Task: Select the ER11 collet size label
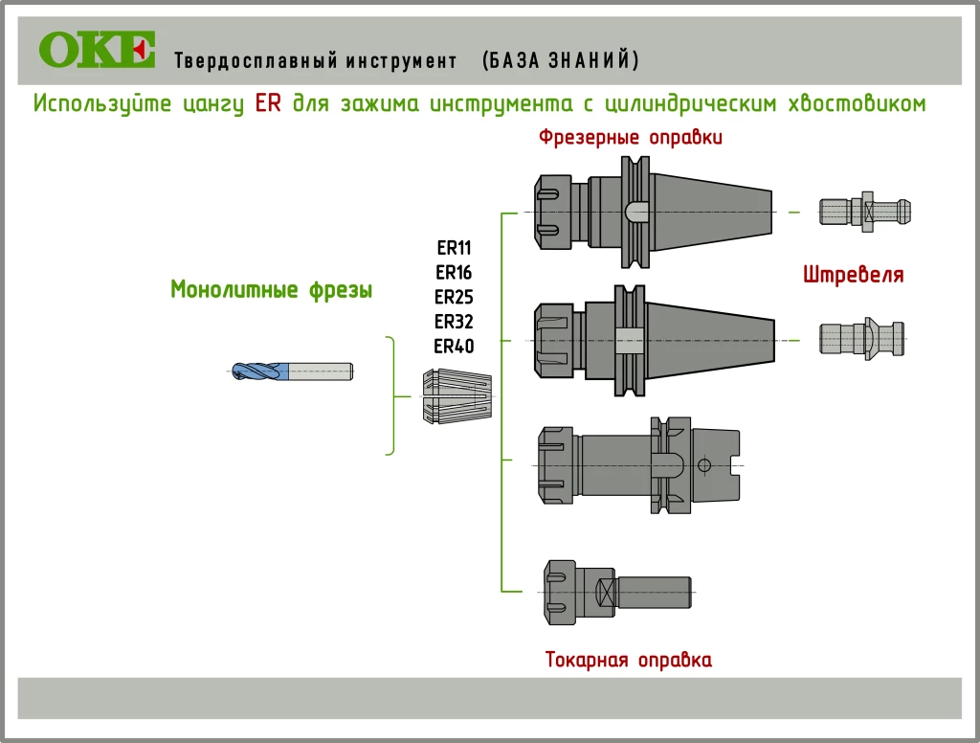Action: click(x=454, y=247)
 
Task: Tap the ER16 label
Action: click(x=454, y=272)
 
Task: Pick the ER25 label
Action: click(x=454, y=297)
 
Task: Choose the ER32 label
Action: click(x=454, y=321)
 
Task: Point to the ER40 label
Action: click(x=454, y=346)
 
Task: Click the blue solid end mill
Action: click(x=292, y=371)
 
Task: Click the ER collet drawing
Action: click(x=456, y=396)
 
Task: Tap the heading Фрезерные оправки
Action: click(x=630, y=137)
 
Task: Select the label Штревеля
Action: click(x=854, y=276)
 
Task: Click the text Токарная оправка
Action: click(x=628, y=660)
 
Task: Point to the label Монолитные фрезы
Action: click(x=271, y=289)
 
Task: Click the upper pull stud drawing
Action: click(x=865, y=211)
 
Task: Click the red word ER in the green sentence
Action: click(x=268, y=103)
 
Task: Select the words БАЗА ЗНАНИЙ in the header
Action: click(x=561, y=61)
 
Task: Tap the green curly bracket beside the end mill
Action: click(x=390, y=395)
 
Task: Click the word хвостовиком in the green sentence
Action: click(x=856, y=103)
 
